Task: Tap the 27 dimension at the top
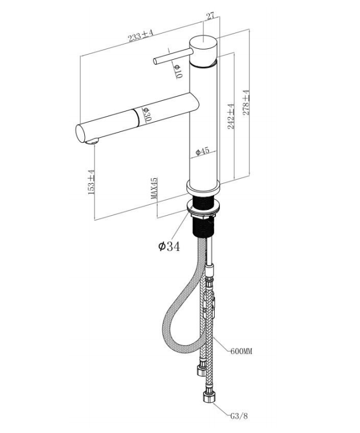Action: [210, 16]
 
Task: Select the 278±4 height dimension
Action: [247, 102]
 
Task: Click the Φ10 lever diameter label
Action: [178, 71]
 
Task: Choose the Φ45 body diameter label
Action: [202, 151]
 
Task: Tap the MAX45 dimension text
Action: [154, 188]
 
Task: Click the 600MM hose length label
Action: [241, 351]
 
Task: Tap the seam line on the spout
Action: [137, 117]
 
